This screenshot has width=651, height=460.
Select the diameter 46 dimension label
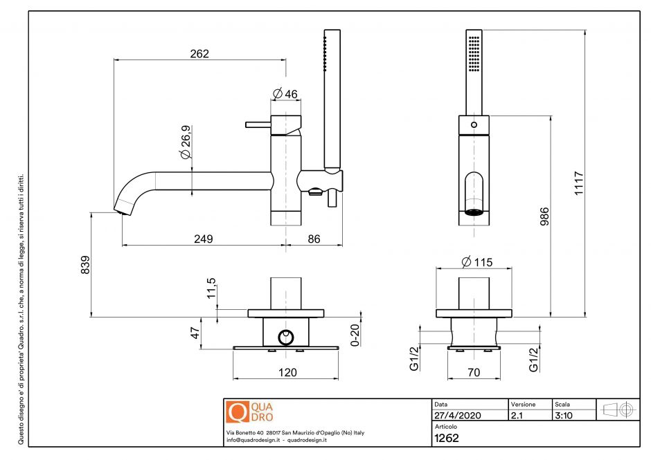285,94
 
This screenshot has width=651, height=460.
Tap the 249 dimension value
203,239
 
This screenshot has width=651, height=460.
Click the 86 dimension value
314,239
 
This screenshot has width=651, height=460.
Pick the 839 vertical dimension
85,265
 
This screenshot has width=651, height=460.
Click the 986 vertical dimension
544,219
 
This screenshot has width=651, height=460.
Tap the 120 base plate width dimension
287,372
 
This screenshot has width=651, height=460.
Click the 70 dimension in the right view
474,372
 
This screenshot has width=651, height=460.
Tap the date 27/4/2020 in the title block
456,416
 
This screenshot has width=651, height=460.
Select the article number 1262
447,437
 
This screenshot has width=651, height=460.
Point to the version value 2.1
516,416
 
